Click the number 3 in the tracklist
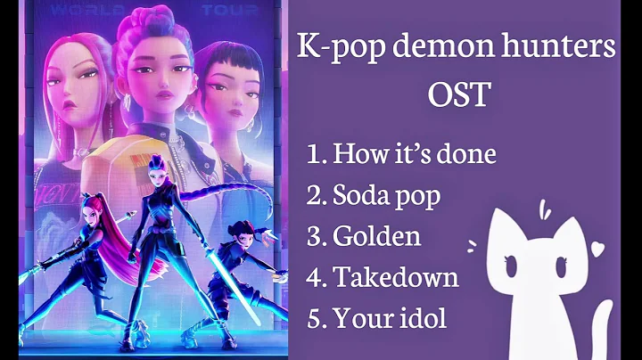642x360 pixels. [x=314, y=236]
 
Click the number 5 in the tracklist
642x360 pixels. [x=314, y=317]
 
